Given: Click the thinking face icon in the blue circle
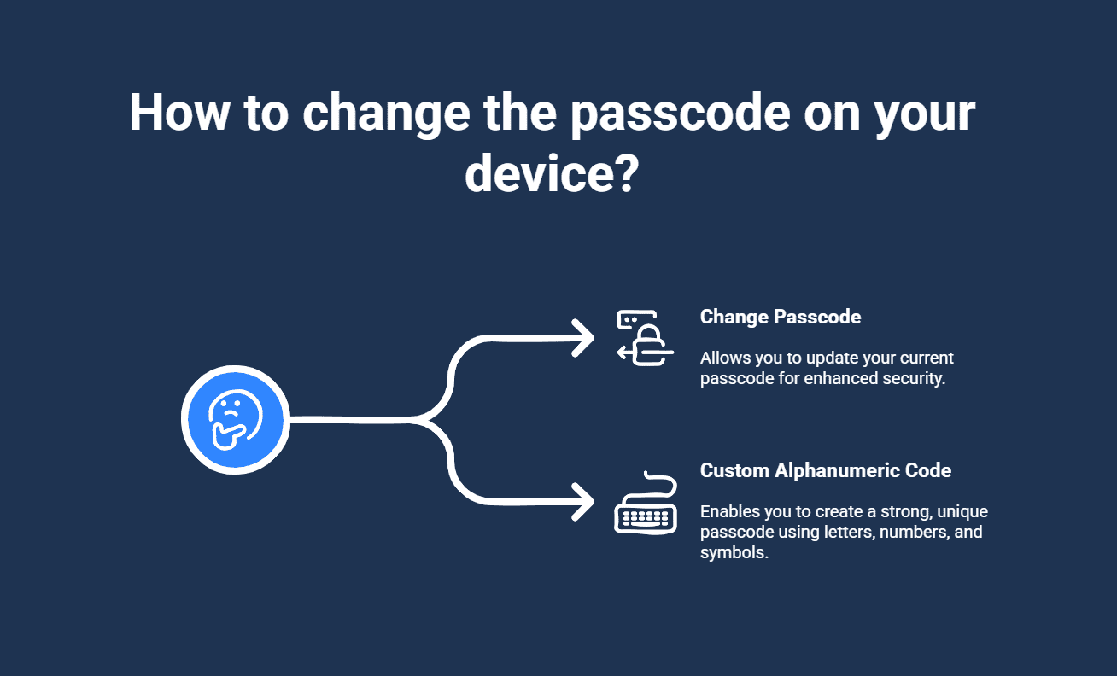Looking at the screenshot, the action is coord(236,420).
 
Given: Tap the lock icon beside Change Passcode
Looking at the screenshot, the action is coord(646,338).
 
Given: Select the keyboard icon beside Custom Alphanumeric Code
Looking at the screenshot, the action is coord(646,503).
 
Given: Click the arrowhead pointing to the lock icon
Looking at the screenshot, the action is coord(582,338).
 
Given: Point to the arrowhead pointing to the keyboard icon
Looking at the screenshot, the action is coord(582,502).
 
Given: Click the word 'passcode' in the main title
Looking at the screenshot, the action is coord(680,114).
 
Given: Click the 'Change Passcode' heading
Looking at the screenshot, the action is coord(781,317).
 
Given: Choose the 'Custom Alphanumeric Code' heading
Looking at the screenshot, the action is coord(826,470).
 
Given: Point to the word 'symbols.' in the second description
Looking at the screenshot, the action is coord(734,552).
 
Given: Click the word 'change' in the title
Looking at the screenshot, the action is coord(386,114).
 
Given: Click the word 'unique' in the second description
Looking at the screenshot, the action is coord(962,512).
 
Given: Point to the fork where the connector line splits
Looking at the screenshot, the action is coord(418,420).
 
